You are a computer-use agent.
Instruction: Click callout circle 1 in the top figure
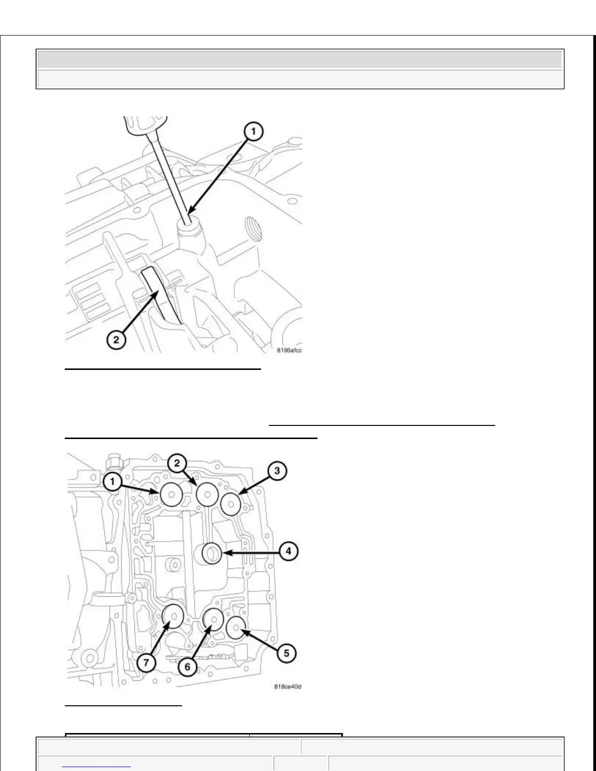coord(253,131)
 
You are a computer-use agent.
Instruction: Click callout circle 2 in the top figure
coord(116,339)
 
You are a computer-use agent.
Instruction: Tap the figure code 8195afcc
coord(290,350)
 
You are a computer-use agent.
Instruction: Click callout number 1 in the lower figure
coord(112,482)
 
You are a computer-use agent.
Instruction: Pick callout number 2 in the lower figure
coord(177,463)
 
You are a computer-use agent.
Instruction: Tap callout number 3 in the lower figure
coord(277,471)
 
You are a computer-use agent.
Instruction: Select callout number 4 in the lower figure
coord(289,551)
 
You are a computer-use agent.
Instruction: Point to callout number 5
coord(286,653)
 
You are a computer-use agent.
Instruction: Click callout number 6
coord(188,666)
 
